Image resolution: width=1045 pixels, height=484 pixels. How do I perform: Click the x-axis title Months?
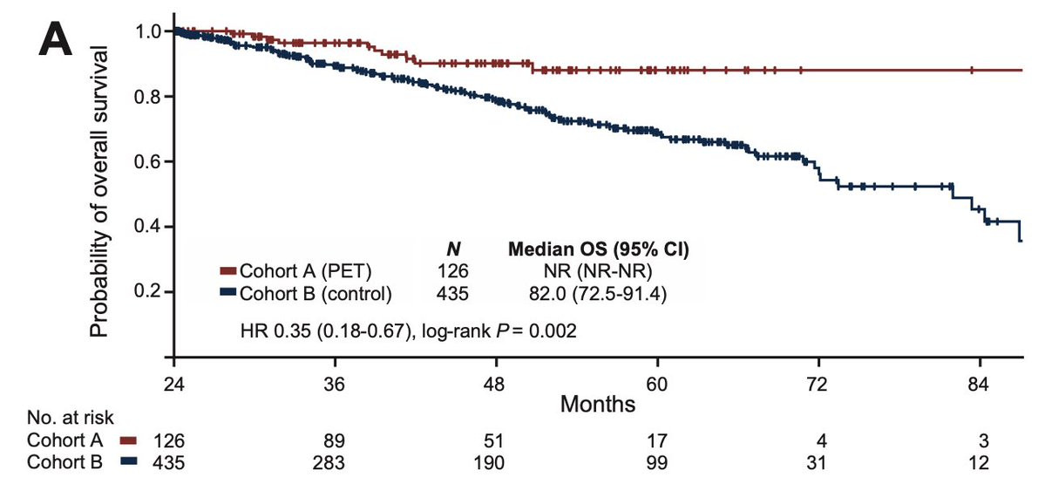[598, 404]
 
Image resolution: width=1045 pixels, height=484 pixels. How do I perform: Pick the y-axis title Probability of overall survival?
[99, 192]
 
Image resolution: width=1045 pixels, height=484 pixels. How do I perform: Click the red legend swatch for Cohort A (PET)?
[228, 270]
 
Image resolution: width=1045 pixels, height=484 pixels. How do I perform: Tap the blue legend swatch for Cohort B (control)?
[228, 293]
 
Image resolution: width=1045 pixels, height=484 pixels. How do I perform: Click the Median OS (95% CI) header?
[599, 250]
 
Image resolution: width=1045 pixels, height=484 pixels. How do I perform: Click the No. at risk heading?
[70, 418]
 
